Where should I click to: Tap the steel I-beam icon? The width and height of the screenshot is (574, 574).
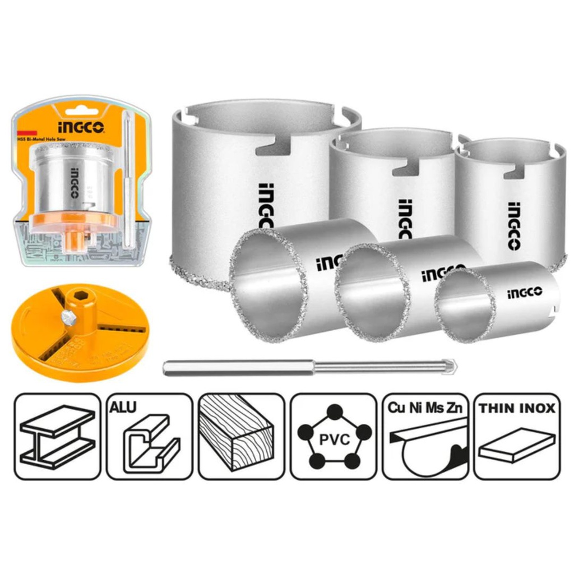pyautogui.click(x=57, y=437)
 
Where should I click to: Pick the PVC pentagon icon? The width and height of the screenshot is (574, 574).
pyautogui.click(x=334, y=437)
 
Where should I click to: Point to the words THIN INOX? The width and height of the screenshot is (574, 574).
pyautogui.click(x=517, y=409)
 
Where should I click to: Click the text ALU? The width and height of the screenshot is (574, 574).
pyautogui.click(x=123, y=408)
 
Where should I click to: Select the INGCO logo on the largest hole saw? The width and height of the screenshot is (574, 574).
pyautogui.click(x=265, y=211)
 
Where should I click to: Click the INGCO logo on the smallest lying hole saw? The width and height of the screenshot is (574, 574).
pyautogui.click(x=525, y=291)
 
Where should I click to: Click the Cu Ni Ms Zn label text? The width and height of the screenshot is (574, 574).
pyautogui.click(x=425, y=408)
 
